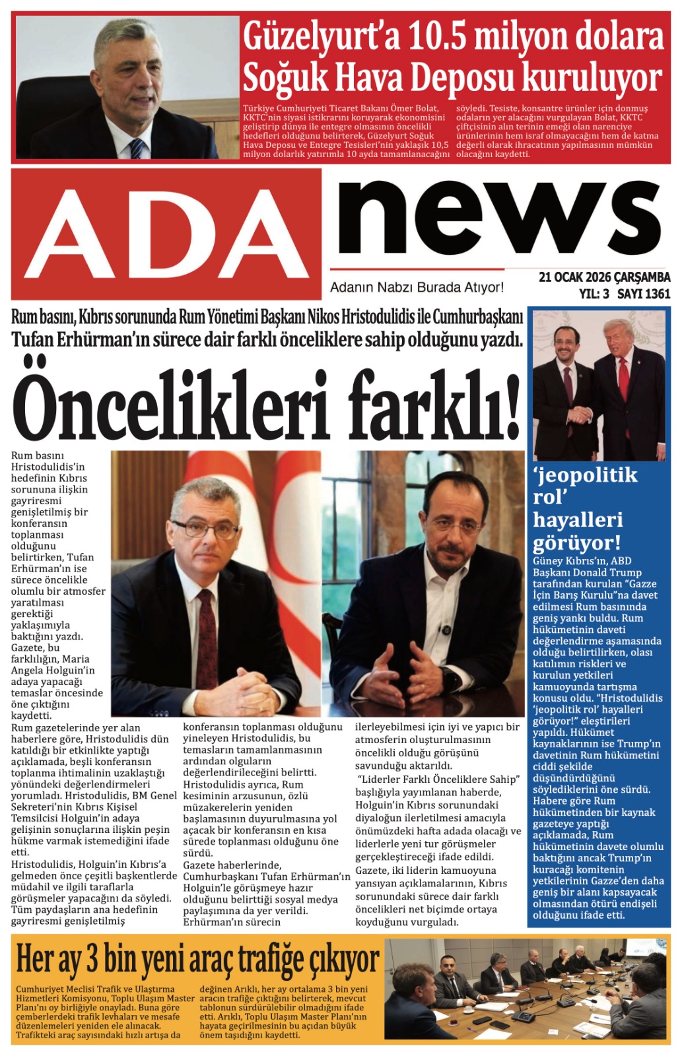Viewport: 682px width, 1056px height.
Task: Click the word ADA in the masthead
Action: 166,234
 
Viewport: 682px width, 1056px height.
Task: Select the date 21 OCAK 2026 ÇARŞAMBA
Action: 604,277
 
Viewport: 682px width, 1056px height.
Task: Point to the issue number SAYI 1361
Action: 644,294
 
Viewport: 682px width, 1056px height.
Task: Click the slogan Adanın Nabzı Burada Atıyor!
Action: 417,288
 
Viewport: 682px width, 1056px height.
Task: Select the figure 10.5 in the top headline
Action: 437,37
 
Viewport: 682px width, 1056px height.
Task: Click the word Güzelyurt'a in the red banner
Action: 321,37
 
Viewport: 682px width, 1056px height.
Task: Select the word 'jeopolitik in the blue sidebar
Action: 585,475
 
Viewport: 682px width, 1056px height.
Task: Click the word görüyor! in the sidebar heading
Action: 576,543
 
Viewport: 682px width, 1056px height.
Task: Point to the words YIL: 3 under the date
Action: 594,294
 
